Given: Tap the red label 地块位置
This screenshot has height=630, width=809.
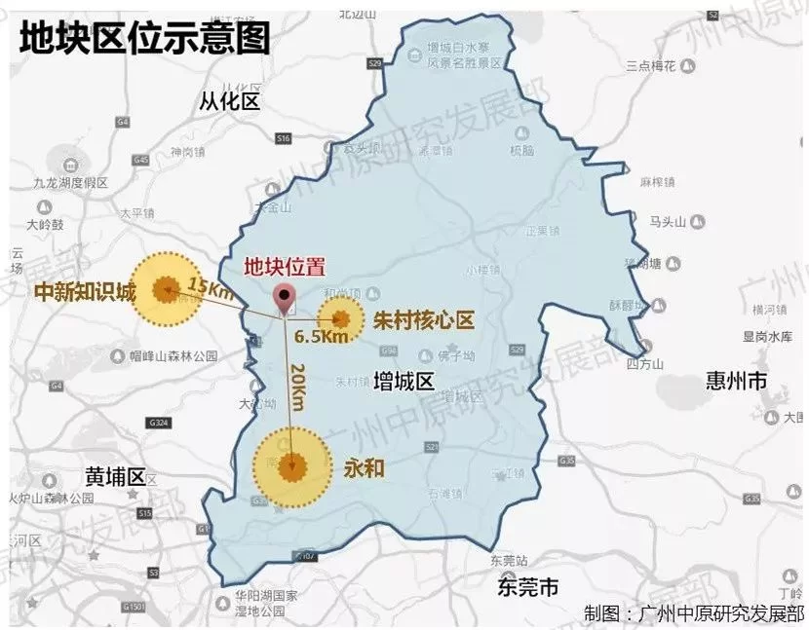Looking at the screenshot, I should (x=284, y=267).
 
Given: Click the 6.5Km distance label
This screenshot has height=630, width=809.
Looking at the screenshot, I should (x=321, y=337).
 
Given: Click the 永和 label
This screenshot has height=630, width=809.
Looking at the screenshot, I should (x=364, y=467).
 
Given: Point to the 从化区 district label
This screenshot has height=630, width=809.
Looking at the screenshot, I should (x=230, y=101).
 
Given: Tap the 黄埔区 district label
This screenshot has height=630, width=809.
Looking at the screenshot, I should (x=114, y=476).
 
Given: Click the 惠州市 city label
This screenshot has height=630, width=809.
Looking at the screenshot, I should (x=738, y=382).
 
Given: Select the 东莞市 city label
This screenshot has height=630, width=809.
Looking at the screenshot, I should (x=527, y=587).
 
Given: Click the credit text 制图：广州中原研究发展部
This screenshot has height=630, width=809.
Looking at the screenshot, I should (x=694, y=613).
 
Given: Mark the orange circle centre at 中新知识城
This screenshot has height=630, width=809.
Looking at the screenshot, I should (x=165, y=288).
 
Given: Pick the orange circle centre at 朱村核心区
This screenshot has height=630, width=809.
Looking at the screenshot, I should (x=341, y=318).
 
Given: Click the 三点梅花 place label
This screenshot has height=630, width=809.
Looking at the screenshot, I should (x=651, y=65).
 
